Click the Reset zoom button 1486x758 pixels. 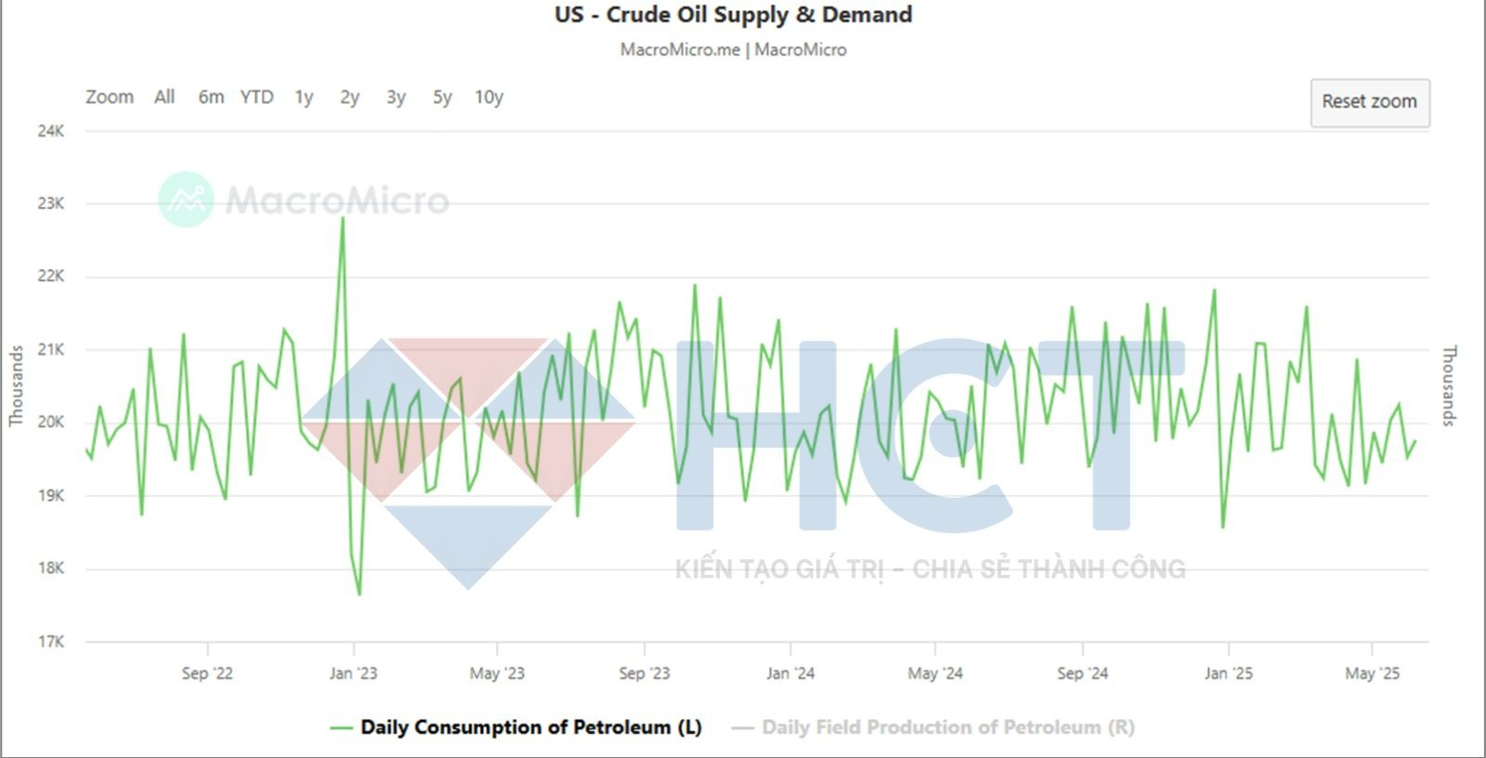[1369, 102]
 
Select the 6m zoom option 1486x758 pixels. [211, 98]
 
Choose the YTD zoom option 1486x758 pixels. [256, 98]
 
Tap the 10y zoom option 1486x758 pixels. [489, 98]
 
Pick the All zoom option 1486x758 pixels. [164, 98]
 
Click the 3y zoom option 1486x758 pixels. [396, 98]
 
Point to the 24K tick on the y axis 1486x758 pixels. [51, 131]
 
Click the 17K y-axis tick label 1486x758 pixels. [51, 642]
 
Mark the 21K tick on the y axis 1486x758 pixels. [51, 349]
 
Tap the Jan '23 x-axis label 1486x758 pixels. [353, 673]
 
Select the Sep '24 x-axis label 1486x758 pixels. [1082, 673]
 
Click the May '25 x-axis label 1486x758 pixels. [1372, 673]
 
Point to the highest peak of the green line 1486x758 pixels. [343, 218]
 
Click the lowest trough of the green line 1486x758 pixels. [359, 594]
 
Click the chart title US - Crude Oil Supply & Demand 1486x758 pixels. [734, 15]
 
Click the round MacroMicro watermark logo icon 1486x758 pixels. [186, 199]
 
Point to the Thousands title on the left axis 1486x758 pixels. [16, 386]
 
